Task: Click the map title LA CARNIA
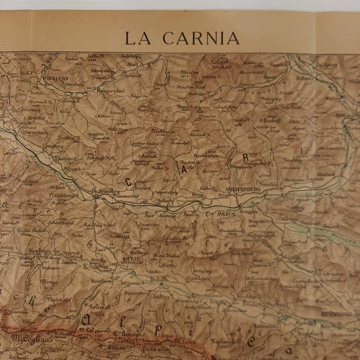[182, 38]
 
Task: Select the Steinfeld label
[268, 183]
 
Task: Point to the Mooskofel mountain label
[57, 300]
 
